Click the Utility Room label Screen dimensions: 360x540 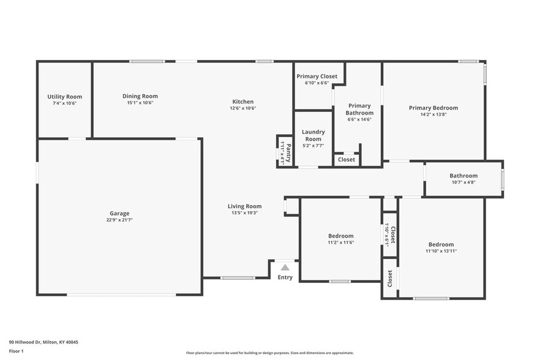tap(64, 97)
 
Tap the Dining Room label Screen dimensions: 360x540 tap(140, 96)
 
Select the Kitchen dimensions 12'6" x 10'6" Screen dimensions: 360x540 tap(242, 108)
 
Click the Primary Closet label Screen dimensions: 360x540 tap(317, 77)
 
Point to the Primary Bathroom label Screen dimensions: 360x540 tap(359, 109)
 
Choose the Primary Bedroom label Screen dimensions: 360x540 tap(433, 108)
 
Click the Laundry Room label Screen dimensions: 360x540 tap(313, 135)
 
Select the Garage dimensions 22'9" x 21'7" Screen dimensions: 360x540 tap(119, 220)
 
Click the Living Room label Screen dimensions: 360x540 tap(244, 206)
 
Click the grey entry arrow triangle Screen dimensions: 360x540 tap(285, 267)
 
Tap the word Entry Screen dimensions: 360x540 tap(285, 277)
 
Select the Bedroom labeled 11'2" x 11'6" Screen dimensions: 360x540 tap(340, 236)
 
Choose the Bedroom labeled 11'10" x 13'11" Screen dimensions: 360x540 tap(441, 244)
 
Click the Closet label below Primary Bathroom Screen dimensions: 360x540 tap(346, 160)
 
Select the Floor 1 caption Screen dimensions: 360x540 tap(16, 351)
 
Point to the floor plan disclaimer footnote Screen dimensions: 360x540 tap(269, 353)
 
